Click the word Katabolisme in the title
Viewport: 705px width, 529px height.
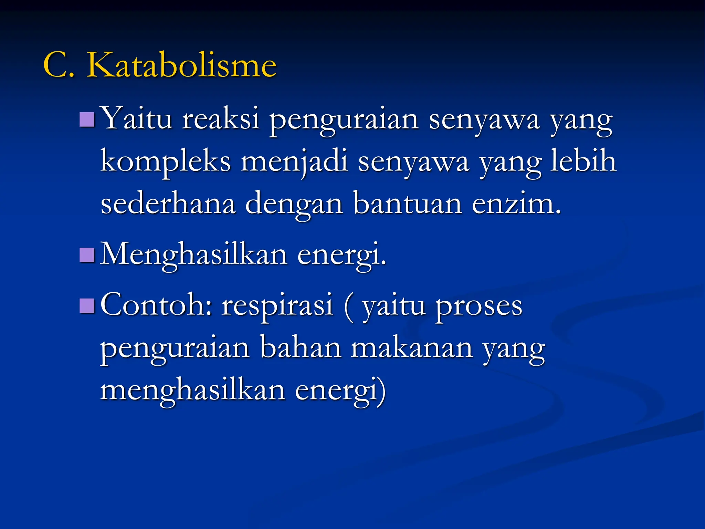pyautogui.click(x=181, y=65)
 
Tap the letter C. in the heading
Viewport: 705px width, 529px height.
pyautogui.click(x=59, y=65)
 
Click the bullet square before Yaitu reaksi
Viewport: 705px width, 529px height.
pyautogui.click(x=87, y=120)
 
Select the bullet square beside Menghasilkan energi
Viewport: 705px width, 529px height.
pyautogui.click(x=87, y=255)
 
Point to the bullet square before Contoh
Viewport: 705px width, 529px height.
pyautogui.click(x=87, y=305)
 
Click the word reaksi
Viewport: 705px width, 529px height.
pyautogui.click(x=220, y=119)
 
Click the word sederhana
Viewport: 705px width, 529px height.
pyautogui.click(x=168, y=204)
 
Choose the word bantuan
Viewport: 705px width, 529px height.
pyautogui.click(x=408, y=204)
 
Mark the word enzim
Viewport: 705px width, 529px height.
pyautogui.click(x=516, y=204)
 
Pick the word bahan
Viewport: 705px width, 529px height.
pyautogui.click(x=301, y=348)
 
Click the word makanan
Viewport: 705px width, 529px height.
pyautogui.click(x=412, y=348)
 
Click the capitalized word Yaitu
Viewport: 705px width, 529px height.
pyautogui.click(x=137, y=119)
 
